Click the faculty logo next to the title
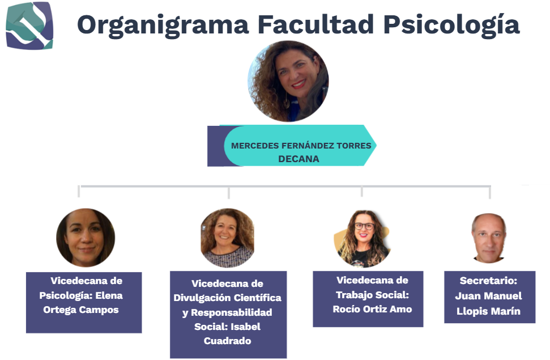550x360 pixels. tap(29, 26)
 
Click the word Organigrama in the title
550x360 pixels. tap(163, 26)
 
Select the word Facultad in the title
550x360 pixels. tap(315, 24)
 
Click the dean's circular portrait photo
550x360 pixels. tap(288, 81)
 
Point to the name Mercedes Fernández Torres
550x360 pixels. tap(301, 146)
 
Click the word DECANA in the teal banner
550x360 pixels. tap(299, 159)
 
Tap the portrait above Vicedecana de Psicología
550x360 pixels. tap(86, 238)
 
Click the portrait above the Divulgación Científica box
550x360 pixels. tap(227, 238)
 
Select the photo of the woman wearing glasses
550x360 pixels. tap(363, 239)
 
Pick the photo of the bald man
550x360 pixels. tap(489, 238)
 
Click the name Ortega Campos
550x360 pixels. tap(80, 310)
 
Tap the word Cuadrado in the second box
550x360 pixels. tap(227, 341)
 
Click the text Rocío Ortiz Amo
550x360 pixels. tap(372, 309)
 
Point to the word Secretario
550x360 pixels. tap(488, 281)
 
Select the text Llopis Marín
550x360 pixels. tap(488, 311)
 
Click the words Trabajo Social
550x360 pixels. tap(372, 295)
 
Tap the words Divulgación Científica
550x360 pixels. tap(227, 298)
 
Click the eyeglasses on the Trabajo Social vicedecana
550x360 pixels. tap(364, 227)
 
